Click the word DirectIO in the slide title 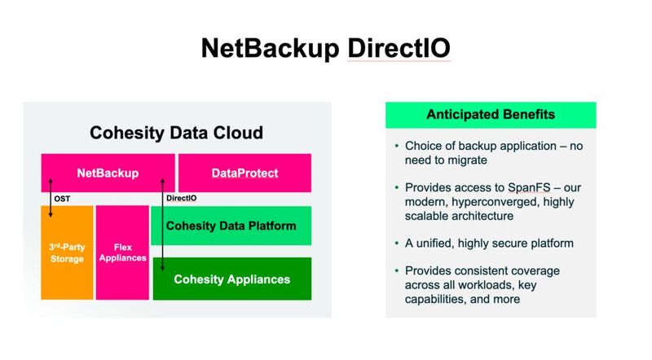click(x=399, y=49)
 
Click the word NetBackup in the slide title click(x=271, y=49)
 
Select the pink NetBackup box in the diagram click(x=108, y=173)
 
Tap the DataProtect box click(x=244, y=173)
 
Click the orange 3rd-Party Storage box click(x=67, y=252)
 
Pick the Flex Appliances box click(x=122, y=252)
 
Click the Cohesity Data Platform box click(x=231, y=226)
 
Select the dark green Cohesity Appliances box click(x=231, y=279)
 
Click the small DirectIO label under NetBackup click(x=181, y=198)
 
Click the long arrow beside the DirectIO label click(x=162, y=236)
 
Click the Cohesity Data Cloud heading click(x=176, y=133)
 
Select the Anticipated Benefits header click(x=491, y=114)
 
